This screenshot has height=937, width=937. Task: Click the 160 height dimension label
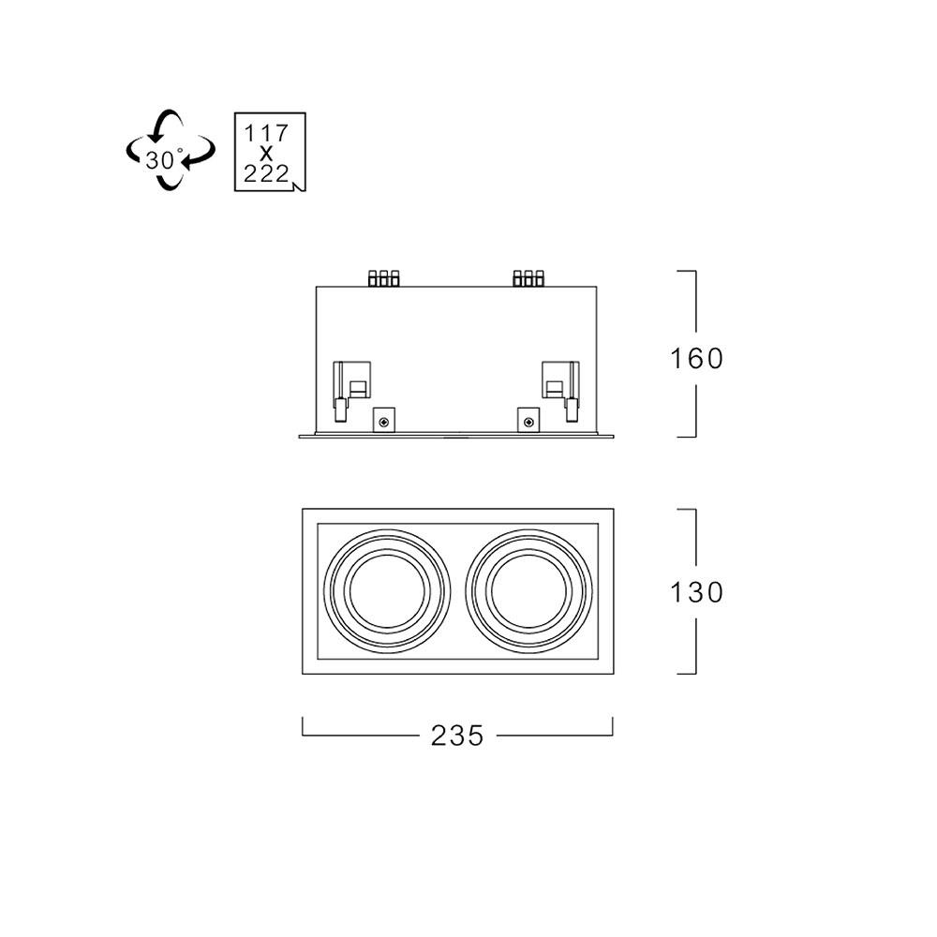696,359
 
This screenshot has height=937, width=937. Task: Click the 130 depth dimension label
696,592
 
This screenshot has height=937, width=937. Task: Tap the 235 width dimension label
457,736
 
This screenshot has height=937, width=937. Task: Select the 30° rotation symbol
171,150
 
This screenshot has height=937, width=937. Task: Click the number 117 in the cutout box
266,133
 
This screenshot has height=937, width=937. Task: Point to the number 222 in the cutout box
266,174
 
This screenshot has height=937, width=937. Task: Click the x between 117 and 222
266,154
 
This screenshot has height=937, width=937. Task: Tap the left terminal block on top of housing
383,278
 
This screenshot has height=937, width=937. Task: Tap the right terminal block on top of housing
528,278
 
